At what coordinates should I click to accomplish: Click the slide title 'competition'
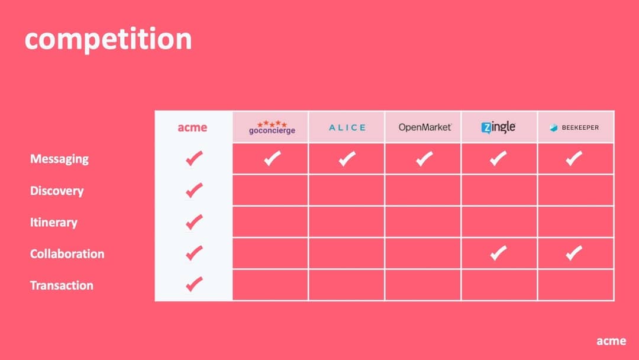pos(108,39)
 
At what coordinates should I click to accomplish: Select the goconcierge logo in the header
pos(272,127)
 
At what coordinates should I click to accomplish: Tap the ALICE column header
pos(347,127)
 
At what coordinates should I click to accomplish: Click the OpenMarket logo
pos(424,127)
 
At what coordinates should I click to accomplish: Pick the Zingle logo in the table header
pos(498,127)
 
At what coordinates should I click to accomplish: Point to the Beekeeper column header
pos(574,127)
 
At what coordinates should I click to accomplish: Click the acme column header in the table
pos(193,127)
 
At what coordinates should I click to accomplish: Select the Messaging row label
pos(59,159)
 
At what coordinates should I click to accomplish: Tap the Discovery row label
pos(57,191)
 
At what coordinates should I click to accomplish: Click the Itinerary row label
pos(54,222)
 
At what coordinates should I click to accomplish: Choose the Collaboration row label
pos(67,253)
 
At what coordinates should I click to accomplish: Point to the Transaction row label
pos(62,285)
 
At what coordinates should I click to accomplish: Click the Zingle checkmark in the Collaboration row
pos(498,253)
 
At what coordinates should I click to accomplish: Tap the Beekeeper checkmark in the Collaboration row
pos(573,253)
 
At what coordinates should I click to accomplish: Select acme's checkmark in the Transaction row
pos(193,284)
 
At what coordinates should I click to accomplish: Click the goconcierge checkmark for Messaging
pos(272,158)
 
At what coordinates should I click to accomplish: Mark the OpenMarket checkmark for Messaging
pos(424,158)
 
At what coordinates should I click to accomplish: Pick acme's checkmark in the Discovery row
pos(193,190)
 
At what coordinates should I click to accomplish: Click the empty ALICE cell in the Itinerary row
pos(347,222)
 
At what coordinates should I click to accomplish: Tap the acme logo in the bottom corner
pos(611,340)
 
